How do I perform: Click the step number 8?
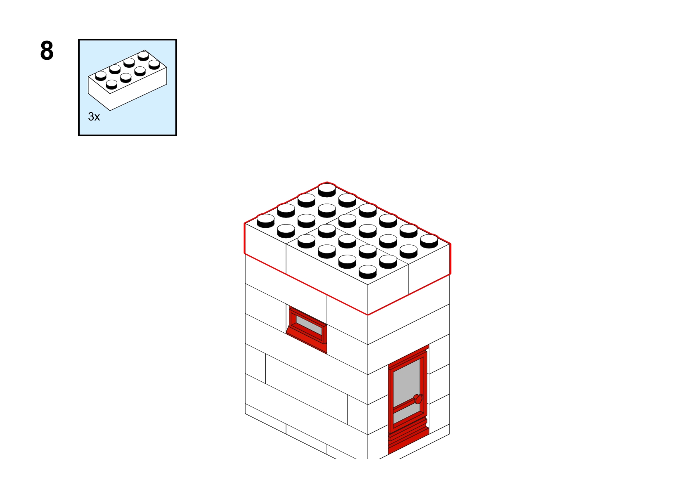click(47, 51)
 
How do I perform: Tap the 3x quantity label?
click(94, 117)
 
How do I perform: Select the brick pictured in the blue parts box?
click(128, 80)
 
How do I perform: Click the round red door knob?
click(418, 399)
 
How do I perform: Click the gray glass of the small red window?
click(309, 325)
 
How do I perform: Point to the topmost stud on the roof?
click(327, 190)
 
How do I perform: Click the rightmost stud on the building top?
click(429, 241)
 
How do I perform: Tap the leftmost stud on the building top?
click(266, 220)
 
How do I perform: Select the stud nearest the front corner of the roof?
click(368, 272)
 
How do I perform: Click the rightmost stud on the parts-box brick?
click(154, 64)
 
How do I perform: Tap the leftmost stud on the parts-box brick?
click(101, 76)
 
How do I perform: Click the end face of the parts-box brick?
click(99, 93)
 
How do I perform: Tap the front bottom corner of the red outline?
click(368, 315)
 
